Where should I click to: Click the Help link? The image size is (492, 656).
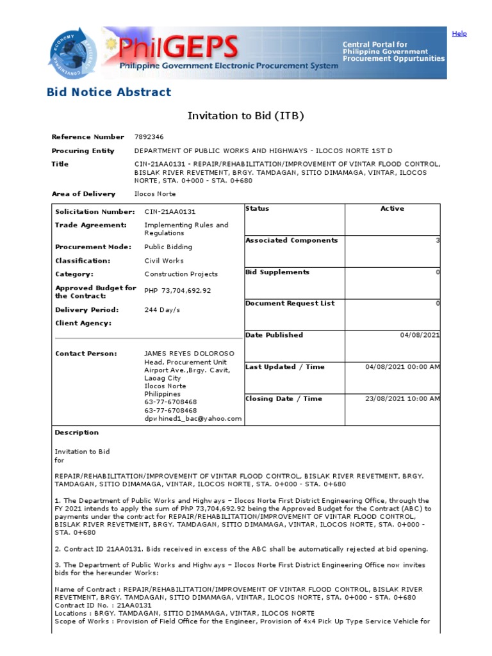click(459, 34)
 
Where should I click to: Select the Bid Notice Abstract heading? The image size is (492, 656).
click(109, 92)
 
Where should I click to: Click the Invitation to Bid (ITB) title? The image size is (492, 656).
click(245, 116)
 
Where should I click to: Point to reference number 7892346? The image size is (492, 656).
click(149, 137)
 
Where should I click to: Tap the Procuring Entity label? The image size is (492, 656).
click(83, 151)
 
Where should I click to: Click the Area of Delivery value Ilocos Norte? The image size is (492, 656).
click(154, 194)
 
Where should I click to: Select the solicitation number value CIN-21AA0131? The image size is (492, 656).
click(170, 212)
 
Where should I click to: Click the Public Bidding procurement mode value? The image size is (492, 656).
click(168, 247)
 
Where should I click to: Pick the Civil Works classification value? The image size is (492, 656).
click(163, 261)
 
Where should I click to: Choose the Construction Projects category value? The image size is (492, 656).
click(181, 274)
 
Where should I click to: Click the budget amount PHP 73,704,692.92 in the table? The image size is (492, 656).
click(177, 291)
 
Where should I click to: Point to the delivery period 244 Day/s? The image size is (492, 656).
click(162, 309)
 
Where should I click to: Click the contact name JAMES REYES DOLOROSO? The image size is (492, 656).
click(189, 354)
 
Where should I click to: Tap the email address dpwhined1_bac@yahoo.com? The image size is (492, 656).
click(193, 418)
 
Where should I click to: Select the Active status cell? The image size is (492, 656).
click(392, 209)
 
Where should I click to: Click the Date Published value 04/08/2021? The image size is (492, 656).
click(420, 335)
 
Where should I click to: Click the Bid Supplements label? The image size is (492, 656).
click(277, 272)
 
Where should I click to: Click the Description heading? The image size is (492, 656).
click(77, 432)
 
